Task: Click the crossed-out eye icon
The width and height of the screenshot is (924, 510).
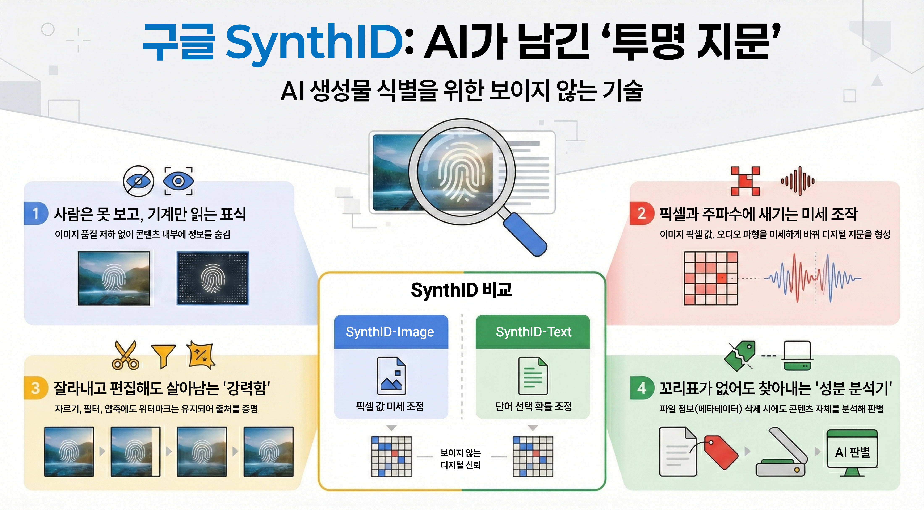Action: coord(138,181)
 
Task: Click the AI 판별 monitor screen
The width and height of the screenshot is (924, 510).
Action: coord(852,452)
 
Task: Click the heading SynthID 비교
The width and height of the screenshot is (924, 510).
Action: coord(461,290)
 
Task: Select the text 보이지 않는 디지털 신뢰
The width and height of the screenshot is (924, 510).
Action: coord(461,459)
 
